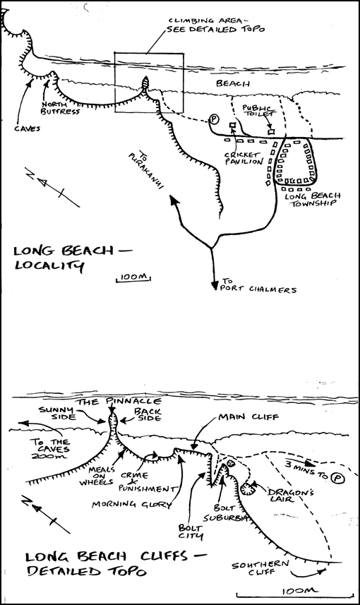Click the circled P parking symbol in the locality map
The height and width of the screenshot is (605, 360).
[x=214, y=119]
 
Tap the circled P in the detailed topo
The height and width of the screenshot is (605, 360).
[x=338, y=479]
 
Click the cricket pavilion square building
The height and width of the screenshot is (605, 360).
[x=232, y=126]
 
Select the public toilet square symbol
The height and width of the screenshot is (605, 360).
[x=271, y=132]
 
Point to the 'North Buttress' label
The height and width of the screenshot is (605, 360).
[x=61, y=107]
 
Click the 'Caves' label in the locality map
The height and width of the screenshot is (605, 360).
[x=27, y=128]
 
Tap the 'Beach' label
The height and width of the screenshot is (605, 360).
[x=233, y=83]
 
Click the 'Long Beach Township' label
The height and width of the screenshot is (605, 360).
[x=312, y=199]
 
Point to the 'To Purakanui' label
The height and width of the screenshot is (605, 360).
[x=146, y=169]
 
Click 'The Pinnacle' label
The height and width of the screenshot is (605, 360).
[x=118, y=402]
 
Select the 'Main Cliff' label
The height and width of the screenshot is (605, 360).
[x=248, y=417]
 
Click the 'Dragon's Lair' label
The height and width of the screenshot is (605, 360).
[x=286, y=495]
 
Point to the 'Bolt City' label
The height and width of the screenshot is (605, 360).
[x=190, y=532]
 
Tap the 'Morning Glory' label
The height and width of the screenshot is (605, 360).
[x=131, y=504]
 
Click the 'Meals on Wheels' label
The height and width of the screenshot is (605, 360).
[x=97, y=476]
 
